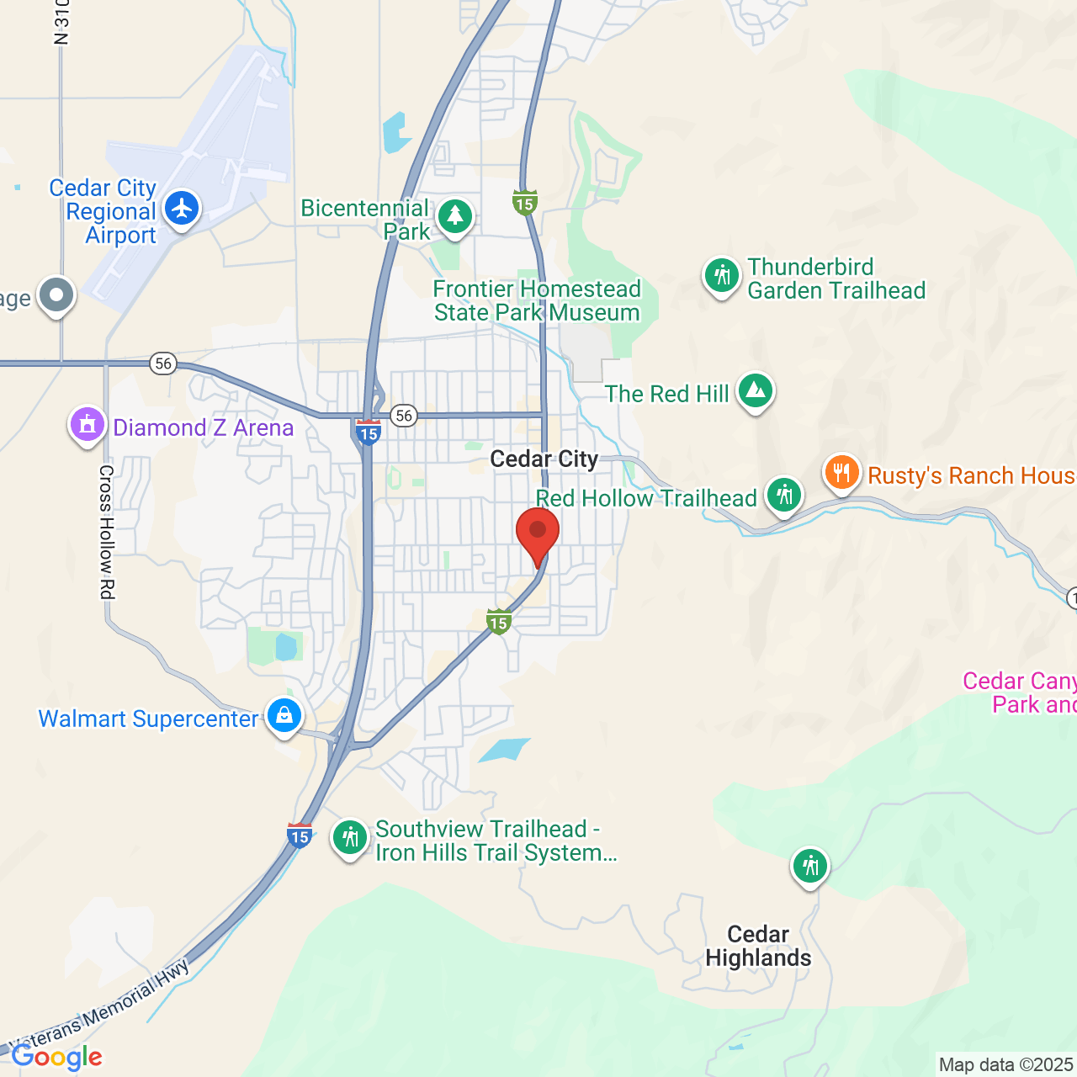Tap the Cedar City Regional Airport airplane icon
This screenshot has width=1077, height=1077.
tap(182, 209)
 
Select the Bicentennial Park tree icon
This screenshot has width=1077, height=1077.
tap(455, 216)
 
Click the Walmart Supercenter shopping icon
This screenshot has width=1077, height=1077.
tap(284, 716)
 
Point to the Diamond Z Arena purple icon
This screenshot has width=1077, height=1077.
tap(88, 425)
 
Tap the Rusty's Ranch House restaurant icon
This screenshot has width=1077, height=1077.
tap(841, 473)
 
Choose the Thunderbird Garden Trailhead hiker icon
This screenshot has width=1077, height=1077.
tap(721, 275)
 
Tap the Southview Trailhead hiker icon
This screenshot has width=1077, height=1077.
tap(349, 838)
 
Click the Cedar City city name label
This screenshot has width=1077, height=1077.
tap(544, 459)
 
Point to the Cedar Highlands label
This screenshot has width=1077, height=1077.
tap(758, 946)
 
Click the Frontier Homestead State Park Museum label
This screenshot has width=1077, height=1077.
tap(537, 300)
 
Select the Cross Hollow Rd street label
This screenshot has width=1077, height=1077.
tap(106, 532)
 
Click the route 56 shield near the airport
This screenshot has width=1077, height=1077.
tap(163, 363)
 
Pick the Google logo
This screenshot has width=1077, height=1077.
tap(57, 1057)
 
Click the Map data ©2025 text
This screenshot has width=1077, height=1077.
tap(1005, 1064)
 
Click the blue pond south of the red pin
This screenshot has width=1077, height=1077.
tap(503, 749)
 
